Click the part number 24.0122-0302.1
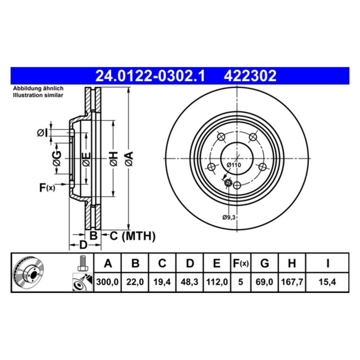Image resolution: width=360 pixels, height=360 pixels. [150, 76]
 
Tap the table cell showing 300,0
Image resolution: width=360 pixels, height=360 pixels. [108, 281]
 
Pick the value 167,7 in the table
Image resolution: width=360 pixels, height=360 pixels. [292, 281]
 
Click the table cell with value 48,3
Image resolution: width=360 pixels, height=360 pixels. [190, 281]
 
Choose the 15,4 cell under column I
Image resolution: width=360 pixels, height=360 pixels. [327, 281]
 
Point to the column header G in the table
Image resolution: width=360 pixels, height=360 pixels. [264, 264]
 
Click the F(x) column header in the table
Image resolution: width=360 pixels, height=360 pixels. [241, 264]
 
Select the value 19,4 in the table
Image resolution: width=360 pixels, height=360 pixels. [162, 281]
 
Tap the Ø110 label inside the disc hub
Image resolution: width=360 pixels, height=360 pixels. [233, 164]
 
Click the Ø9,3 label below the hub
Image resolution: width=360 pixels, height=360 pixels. [229, 217]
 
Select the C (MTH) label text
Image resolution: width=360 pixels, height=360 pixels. [133, 236]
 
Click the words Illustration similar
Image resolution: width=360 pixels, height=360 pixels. [38, 95]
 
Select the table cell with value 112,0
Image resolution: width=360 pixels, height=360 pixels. [216, 281]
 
